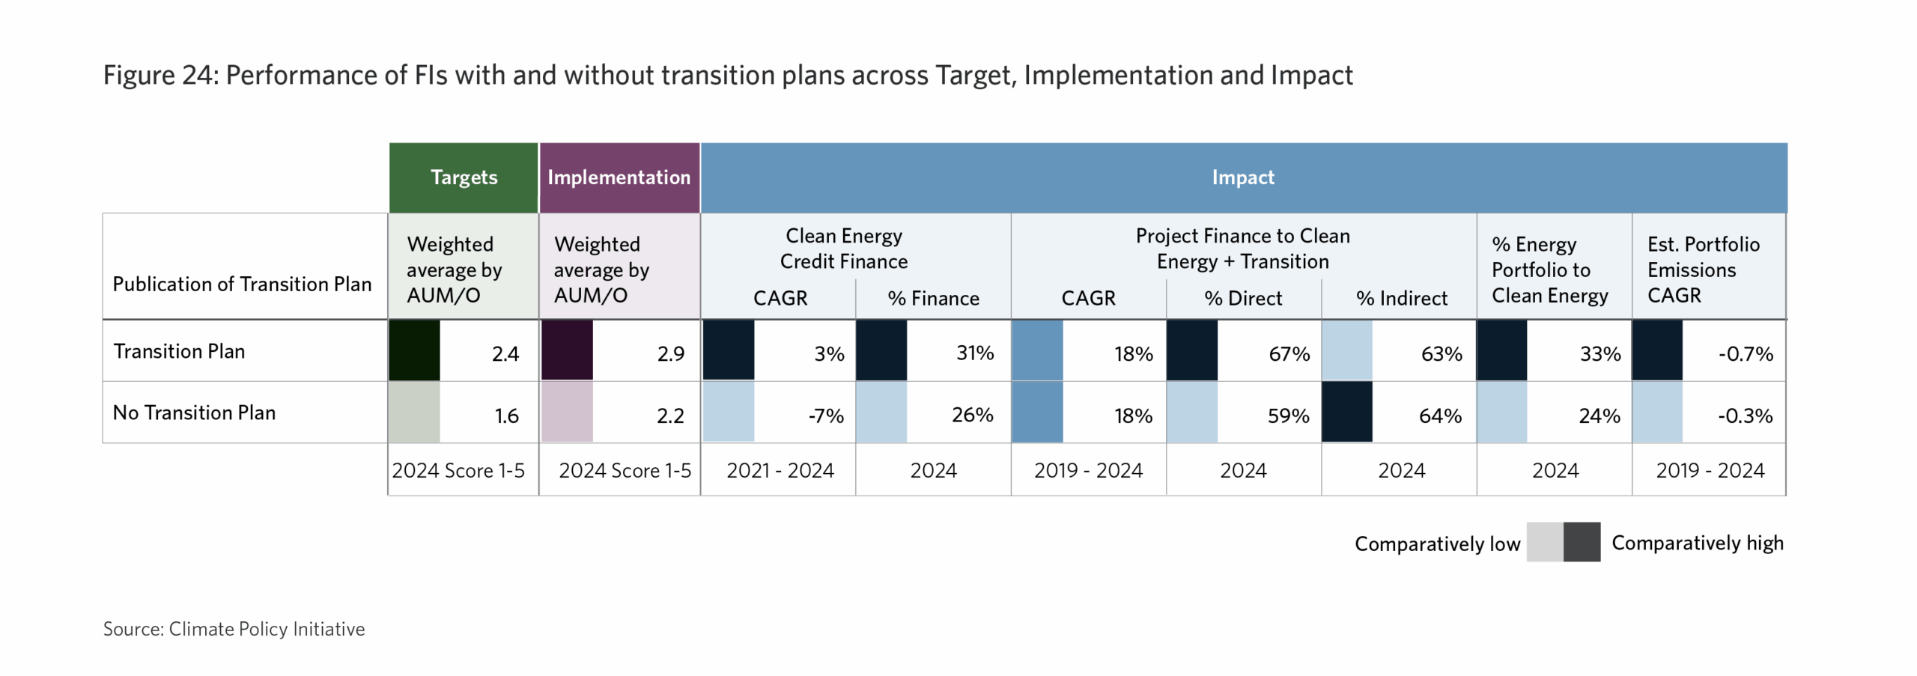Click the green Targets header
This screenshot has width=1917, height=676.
click(464, 177)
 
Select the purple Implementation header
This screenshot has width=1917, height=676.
click(619, 177)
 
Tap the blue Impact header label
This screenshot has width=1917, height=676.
click(1242, 177)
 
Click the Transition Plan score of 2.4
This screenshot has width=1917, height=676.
click(505, 353)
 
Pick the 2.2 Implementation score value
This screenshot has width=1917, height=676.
click(670, 415)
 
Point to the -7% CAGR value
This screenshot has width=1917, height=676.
click(826, 415)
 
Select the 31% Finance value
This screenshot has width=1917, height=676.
click(974, 353)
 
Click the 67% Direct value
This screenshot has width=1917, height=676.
click(1289, 353)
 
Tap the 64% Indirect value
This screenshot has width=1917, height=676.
click(1440, 415)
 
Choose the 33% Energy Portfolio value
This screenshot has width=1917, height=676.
click(1599, 353)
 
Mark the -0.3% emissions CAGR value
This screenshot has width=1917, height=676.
click(1745, 415)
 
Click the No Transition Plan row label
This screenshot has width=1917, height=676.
click(194, 412)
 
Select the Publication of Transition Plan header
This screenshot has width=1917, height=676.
click(242, 284)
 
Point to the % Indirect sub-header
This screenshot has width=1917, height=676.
click(1401, 298)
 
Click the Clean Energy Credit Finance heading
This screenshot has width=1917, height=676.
click(843, 249)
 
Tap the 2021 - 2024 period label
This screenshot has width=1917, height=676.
click(780, 470)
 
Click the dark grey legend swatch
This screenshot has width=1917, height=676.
click(1582, 542)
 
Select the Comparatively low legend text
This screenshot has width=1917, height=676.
click(1437, 543)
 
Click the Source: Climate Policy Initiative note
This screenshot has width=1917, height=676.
click(234, 629)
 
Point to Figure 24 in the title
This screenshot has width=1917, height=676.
click(160, 76)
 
